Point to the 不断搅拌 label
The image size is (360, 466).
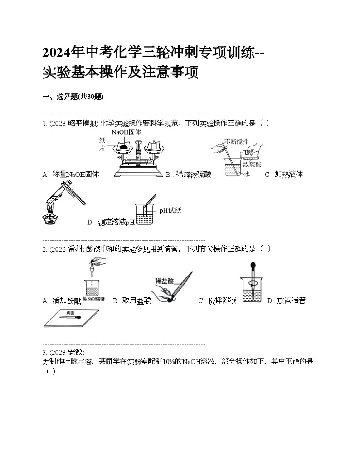click(x=236, y=141)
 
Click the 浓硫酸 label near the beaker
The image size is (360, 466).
click(x=252, y=165)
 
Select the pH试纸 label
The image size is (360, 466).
click(x=170, y=210)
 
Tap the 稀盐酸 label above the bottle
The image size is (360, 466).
click(x=164, y=281)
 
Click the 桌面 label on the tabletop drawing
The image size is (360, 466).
click(x=70, y=313)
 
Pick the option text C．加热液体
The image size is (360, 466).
click(x=283, y=175)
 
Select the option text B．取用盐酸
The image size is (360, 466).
click(x=131, y=301)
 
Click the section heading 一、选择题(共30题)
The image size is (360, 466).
click(x=73, y=97)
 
